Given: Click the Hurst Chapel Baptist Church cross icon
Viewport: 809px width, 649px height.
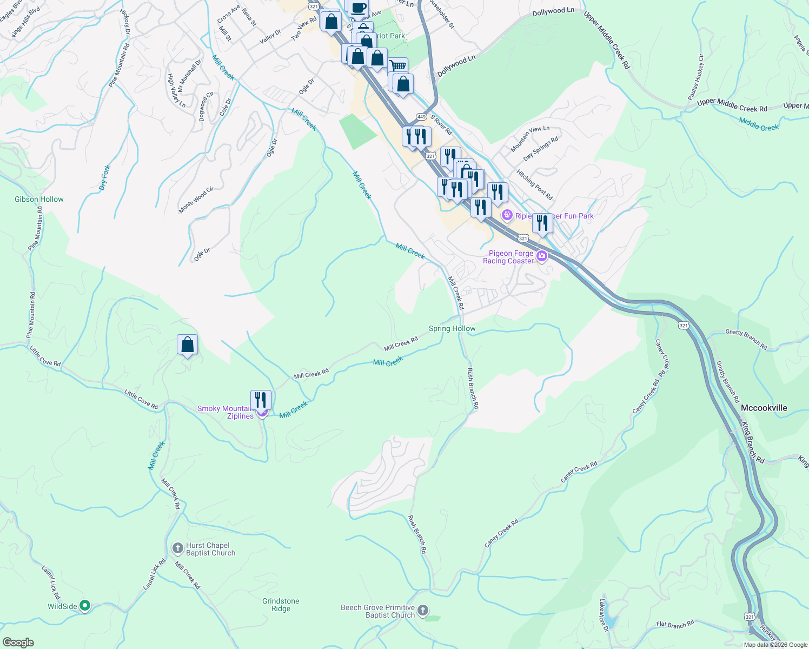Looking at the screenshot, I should point(177,549).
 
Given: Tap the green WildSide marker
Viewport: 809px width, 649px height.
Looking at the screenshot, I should point(85,606).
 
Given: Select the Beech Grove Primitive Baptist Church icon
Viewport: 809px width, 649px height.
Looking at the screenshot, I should point(423,611).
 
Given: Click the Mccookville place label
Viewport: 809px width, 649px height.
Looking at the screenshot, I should point(764,408).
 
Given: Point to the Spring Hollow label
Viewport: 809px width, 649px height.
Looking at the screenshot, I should point(452,328).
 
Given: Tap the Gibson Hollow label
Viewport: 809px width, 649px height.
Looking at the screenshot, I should point(39,199).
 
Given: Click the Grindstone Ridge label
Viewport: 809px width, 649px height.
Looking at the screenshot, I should point(281,605).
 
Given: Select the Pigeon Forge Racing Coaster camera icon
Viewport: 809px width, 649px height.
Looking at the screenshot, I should point(541,257).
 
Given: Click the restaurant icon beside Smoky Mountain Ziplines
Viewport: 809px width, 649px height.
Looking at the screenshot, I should point(261,400).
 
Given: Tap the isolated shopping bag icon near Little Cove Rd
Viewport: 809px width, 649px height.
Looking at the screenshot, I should point(187,345).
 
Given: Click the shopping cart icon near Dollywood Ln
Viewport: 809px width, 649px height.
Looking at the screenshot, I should point(398,67).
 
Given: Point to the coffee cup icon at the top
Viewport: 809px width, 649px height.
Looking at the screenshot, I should point(358,7).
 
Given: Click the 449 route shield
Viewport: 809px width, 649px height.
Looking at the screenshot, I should point(422,117).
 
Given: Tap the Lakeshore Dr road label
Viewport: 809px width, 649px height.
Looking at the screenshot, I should point(604,614).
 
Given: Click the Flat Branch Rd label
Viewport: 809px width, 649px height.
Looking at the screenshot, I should point(675,625).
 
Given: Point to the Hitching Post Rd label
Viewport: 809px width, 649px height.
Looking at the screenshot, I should point(534,185).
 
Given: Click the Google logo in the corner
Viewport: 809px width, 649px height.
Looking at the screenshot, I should point(18,643).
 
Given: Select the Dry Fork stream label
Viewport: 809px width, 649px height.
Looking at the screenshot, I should point(104,177).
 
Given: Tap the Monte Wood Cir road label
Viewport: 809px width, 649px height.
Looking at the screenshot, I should point(196,200).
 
